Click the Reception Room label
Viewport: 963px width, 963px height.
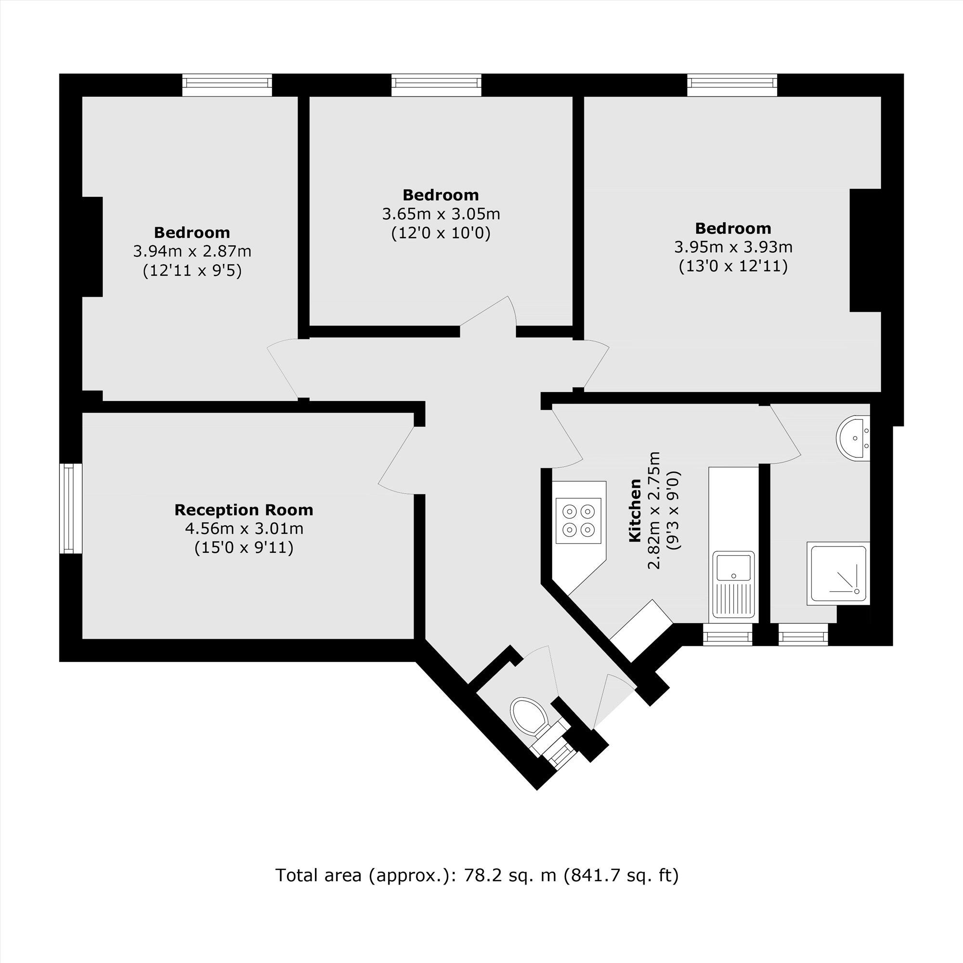244,510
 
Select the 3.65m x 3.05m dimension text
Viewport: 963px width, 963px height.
441,214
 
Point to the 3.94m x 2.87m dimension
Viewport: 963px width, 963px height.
192,251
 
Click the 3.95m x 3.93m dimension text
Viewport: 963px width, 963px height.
733,247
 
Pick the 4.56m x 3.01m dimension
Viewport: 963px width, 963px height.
244,528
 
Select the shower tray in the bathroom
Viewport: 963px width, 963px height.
838,573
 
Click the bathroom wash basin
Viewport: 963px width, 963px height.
854,438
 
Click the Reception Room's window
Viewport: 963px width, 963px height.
71,508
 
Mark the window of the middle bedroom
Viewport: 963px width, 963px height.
436,85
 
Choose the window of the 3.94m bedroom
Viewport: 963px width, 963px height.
227,85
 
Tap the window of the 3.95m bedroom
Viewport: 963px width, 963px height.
732,85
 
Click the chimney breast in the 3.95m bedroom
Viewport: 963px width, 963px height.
865,250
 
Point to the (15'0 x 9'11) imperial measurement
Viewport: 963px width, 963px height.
244,548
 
